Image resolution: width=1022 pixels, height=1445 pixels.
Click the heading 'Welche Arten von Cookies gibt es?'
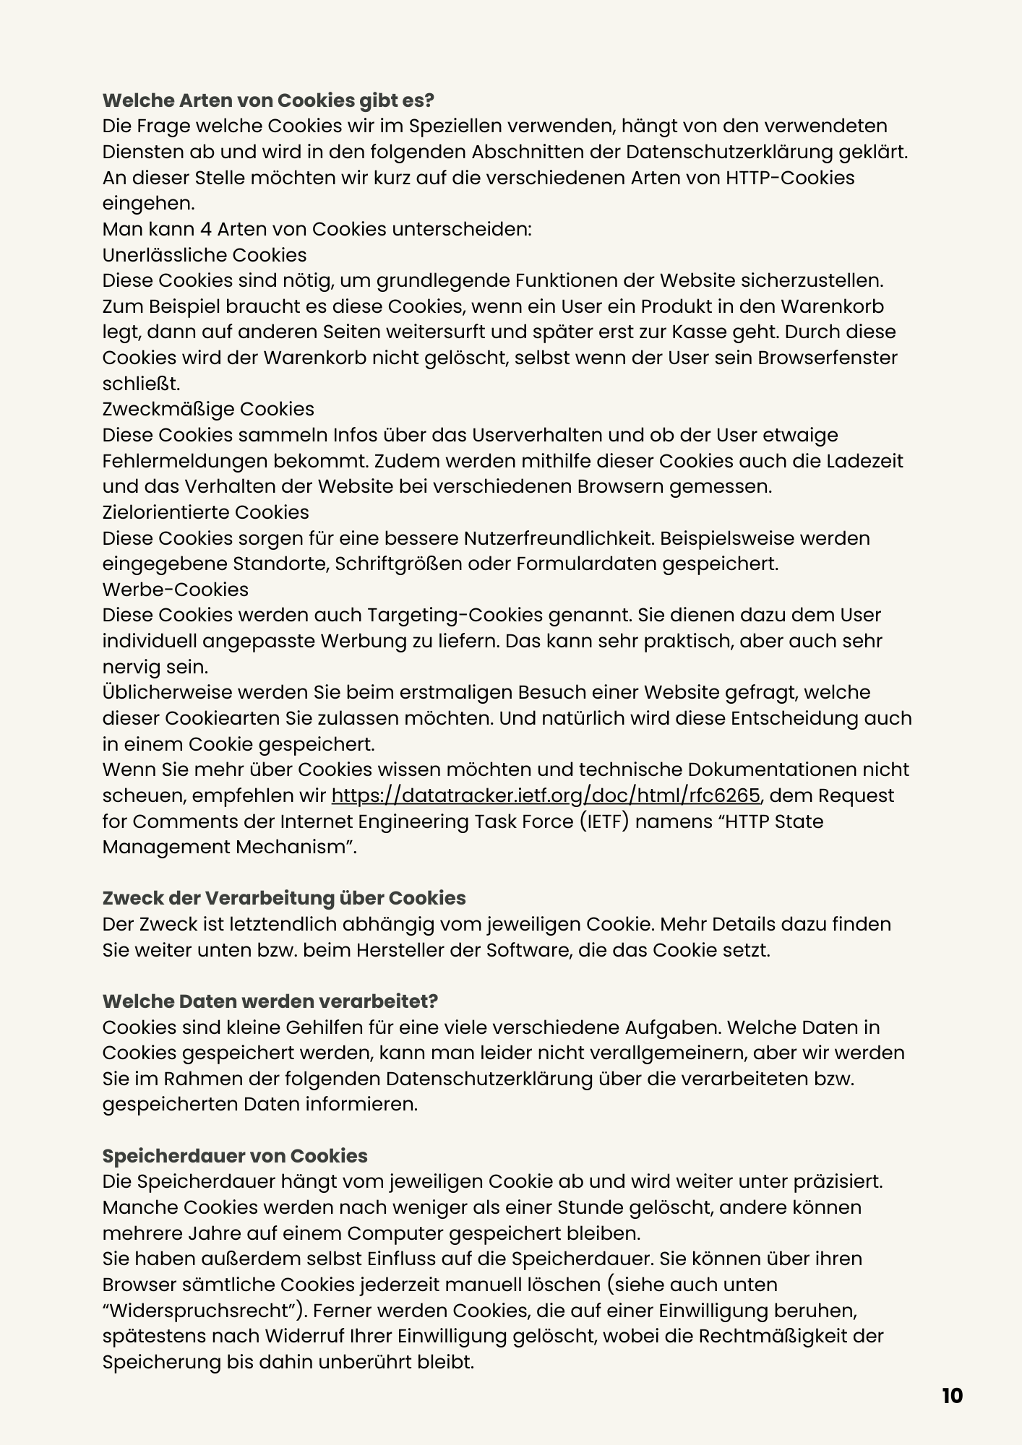268,100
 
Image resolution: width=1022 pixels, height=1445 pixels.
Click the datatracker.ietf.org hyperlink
546,795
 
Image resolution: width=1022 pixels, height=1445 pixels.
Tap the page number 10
952,1396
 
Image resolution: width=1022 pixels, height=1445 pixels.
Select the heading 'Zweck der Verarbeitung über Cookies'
284,898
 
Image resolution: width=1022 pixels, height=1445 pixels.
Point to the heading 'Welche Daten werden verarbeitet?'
270,1001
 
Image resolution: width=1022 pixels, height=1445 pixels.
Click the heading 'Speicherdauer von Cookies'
235,1156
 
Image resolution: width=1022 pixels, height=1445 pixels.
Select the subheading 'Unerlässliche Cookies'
205,255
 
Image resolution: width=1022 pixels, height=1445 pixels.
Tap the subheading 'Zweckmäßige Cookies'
208,409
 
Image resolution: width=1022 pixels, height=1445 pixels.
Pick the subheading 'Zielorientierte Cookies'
205,512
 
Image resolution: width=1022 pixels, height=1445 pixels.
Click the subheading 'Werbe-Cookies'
175,590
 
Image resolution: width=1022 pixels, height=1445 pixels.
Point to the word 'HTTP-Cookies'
790,178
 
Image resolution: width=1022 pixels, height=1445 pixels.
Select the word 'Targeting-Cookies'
455,615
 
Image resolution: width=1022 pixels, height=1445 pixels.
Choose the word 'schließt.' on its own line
141,384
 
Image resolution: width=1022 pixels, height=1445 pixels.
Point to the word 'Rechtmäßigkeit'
773,1336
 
